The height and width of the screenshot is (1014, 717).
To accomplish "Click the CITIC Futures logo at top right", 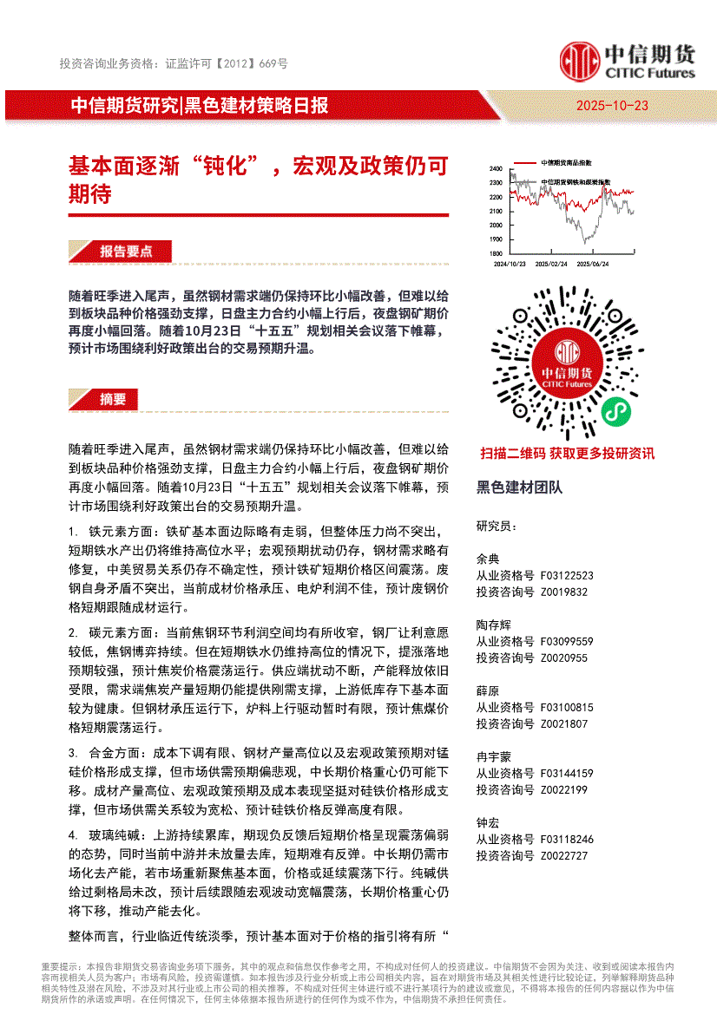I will (627, 61).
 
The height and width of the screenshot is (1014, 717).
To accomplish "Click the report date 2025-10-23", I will (612, 106).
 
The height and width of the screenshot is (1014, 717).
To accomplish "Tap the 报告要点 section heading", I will (126, 251).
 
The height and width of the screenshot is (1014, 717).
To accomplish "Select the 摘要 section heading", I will (113, 399).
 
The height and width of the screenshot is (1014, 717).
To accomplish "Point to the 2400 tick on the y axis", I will (496, 168).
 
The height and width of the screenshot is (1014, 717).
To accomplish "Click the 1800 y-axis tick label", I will (496, 253).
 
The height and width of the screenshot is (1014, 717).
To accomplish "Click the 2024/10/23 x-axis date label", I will (510, 263).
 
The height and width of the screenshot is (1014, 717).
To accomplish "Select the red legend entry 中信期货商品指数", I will (566, 163).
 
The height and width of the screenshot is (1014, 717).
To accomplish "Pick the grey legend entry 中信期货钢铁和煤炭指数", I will (575, 182).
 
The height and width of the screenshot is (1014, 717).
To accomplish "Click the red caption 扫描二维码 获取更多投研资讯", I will (567, 453).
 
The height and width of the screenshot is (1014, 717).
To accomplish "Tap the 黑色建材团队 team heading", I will (519, 487).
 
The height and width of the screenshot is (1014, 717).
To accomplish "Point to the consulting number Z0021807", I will (563, 723).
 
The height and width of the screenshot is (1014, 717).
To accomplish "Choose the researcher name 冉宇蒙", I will (494, 756).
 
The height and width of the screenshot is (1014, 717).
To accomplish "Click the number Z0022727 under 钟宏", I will (563, 855).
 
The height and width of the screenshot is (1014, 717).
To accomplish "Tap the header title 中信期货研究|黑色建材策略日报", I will (199, 106).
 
